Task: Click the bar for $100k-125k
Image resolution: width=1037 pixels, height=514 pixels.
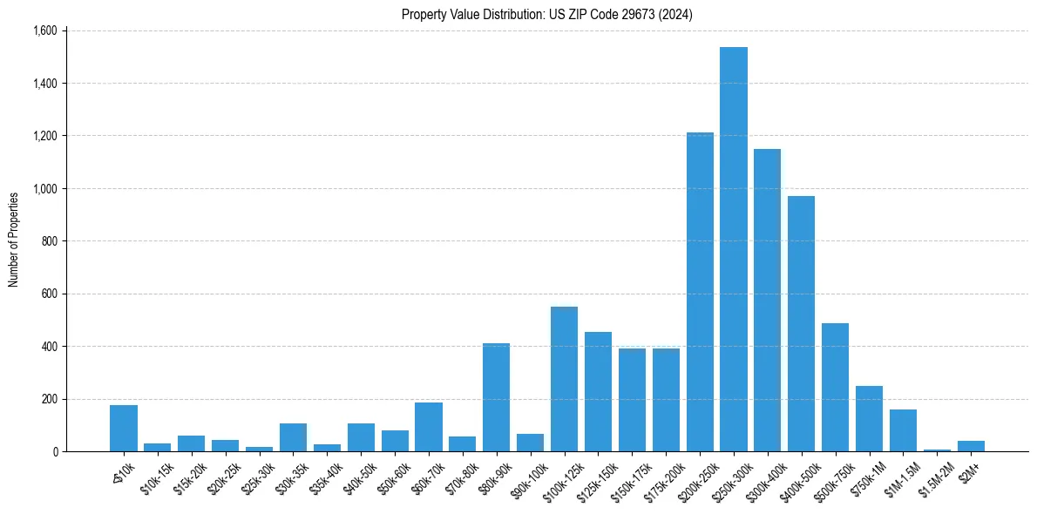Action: (564, 379)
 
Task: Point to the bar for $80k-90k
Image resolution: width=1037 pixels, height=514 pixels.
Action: (496, 397)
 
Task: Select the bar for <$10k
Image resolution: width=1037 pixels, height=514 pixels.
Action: (124, 428)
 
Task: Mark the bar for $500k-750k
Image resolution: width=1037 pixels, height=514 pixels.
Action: (836, 388)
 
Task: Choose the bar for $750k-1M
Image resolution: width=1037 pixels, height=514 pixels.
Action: (870, 418)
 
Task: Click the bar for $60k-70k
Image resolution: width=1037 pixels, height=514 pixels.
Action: (429, 427)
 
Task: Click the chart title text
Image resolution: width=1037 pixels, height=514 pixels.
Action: (547, 14)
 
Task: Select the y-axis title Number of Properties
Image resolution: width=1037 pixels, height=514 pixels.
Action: (14, 240)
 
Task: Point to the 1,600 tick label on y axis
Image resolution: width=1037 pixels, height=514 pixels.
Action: (44, 30)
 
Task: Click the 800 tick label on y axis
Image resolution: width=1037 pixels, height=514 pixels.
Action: (49, 241)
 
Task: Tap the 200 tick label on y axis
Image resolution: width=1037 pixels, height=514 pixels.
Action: (49, 399)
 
